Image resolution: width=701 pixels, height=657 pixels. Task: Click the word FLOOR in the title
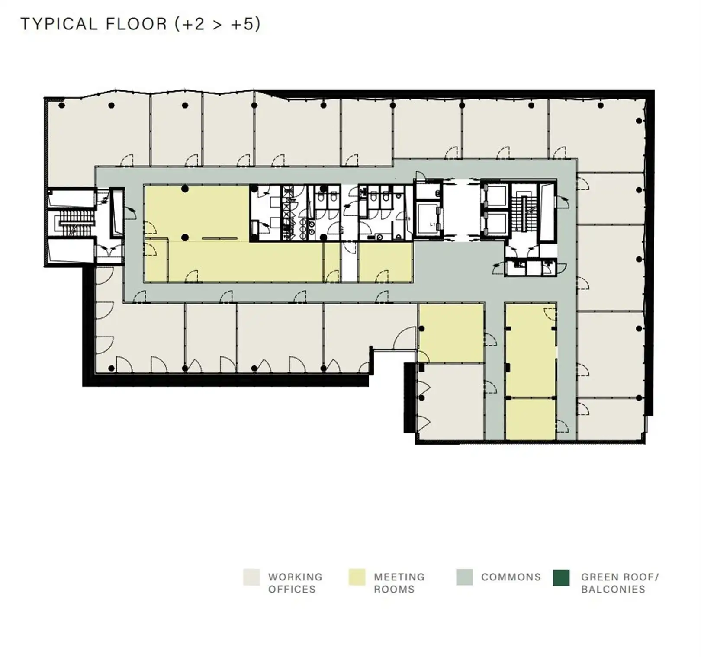click(136, 24)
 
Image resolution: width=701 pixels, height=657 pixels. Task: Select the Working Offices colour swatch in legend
click(251, 577)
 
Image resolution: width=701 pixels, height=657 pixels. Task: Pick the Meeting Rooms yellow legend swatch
click(357, 577)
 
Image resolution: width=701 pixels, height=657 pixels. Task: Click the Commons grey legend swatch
click(464, 577)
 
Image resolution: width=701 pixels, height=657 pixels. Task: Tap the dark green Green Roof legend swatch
click(561, 577)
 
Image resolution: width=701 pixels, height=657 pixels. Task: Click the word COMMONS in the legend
click(511, 577)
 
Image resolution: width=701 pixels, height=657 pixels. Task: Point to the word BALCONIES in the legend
click(613, 589)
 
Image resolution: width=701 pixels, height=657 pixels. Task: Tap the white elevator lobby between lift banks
click(462, 210)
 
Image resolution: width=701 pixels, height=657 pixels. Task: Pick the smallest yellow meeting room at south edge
click(531, 419)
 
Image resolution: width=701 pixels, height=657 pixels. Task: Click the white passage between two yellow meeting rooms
click(350, 262)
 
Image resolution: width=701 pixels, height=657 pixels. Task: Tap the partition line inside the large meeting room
click(220, 238)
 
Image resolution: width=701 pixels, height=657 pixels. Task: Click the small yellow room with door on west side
click(156, 260)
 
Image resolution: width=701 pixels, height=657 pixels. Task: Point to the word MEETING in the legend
click(399, 577)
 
